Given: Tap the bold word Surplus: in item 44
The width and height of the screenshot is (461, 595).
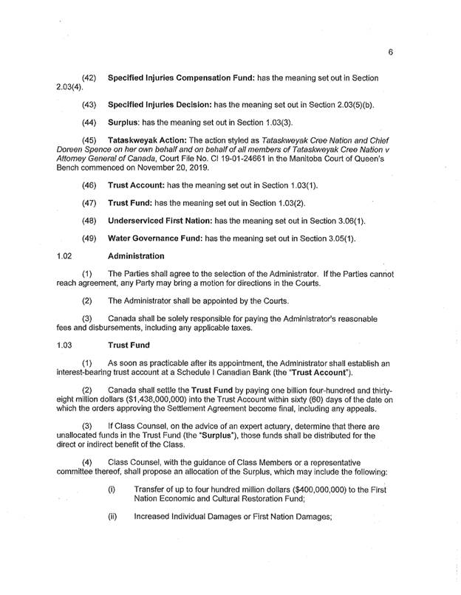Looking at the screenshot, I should click(x=126, y=123).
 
